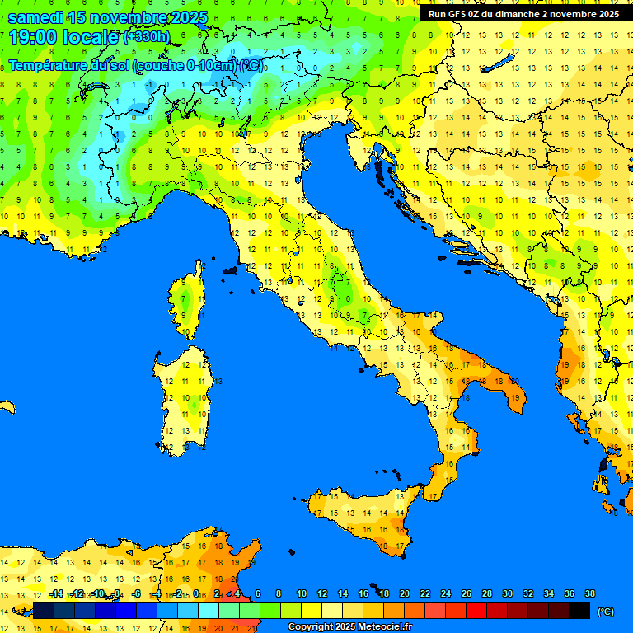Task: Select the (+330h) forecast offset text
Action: click(146, 36)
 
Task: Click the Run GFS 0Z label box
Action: click(523, 14)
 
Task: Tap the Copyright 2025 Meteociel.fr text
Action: click(349, 626)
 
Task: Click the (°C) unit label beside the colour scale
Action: click(606, 612)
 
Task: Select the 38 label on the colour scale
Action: click(590, 594)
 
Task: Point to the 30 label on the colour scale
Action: click(508, 594)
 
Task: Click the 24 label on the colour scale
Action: click(446, 594)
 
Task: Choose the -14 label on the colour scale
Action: click(56, 594)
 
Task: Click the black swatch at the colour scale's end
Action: click(579, 610)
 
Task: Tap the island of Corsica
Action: click(188, 301)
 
